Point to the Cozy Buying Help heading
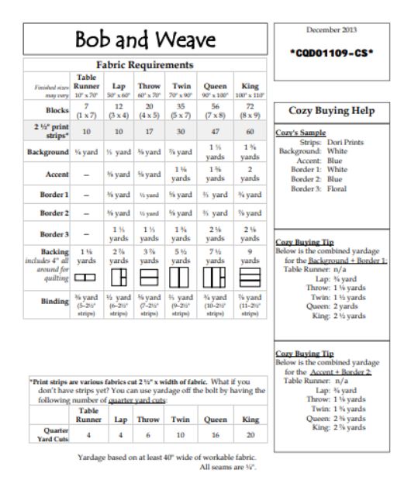(332, 111)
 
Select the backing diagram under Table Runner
(88, 275)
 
